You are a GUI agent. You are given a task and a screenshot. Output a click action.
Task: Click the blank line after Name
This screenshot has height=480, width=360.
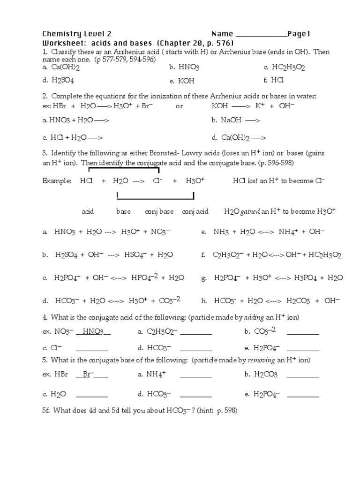261,35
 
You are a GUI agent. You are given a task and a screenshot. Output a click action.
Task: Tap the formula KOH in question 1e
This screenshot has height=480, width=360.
187,81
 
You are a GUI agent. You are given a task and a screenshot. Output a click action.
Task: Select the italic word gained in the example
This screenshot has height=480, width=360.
250,212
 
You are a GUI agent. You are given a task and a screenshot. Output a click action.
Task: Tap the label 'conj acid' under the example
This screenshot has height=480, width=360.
195,212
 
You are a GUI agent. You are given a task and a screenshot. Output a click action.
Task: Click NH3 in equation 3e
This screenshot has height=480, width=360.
221,232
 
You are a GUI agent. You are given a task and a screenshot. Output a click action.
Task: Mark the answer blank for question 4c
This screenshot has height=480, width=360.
91,349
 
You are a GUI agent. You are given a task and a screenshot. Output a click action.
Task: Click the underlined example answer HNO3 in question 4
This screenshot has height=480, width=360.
93,332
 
